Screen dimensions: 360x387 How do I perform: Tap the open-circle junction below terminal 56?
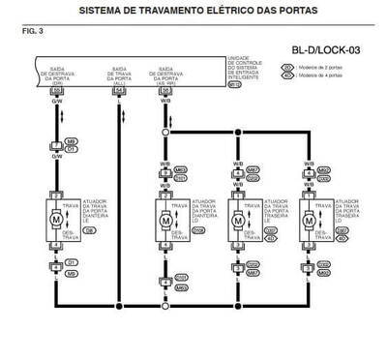165,131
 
